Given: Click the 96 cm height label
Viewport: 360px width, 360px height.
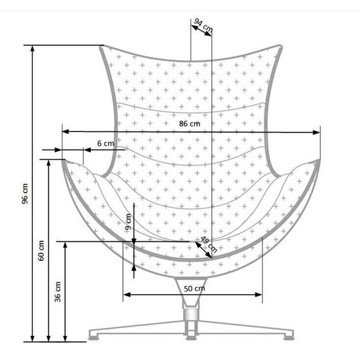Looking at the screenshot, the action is point(25,193).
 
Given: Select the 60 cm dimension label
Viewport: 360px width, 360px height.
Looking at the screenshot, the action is point(41,251).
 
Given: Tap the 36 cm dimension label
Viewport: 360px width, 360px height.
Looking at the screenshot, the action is point(57,292).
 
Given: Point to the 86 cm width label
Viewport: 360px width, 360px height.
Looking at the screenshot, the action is point(189,124).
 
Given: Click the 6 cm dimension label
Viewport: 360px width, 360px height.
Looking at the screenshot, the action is point(105,143).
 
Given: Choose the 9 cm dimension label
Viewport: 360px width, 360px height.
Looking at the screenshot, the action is point(128,222).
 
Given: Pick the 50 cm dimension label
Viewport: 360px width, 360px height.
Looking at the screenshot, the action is point(195,289).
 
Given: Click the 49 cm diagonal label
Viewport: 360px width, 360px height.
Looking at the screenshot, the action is point(208,244).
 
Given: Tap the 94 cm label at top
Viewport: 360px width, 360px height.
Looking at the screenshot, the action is point(203,25).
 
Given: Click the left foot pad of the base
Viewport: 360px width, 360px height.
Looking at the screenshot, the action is point(94,338).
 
